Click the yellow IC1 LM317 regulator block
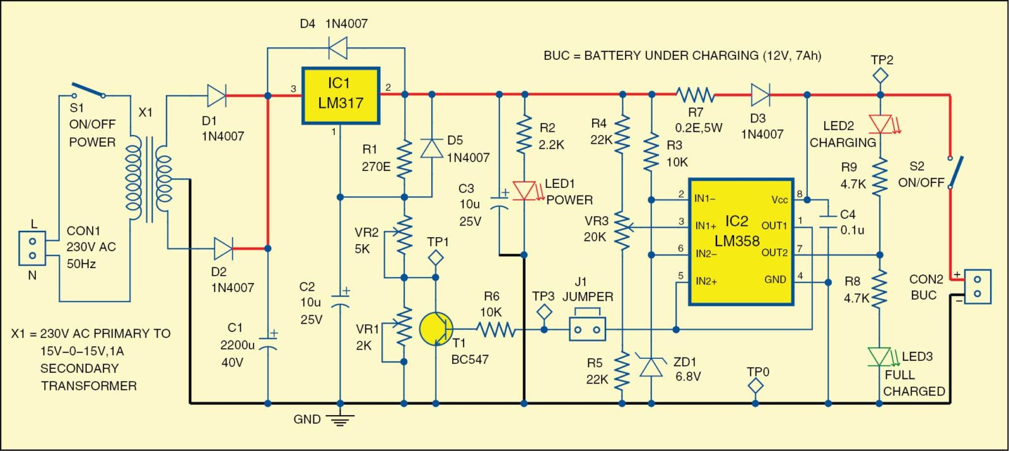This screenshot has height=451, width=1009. [341, 95]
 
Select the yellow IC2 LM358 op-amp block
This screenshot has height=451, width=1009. [740, 242]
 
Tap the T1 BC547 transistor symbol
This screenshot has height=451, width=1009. [436, 329]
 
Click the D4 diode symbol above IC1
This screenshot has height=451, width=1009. [339, 47]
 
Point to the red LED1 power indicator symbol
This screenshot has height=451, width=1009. [524, 190]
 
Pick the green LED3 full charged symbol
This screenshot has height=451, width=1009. [879, 356]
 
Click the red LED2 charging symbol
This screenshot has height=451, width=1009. [880, 124]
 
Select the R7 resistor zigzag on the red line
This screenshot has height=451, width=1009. [695, 95]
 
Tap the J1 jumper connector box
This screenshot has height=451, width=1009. [587, 329]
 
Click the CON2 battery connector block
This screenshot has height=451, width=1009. [977, 286]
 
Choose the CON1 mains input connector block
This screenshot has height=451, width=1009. [32, 248]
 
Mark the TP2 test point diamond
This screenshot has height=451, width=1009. [880, 76]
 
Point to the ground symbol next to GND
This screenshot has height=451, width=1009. [341, 419]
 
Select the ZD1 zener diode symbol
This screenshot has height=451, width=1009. [651, 366]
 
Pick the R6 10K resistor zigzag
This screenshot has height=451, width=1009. [496, 329]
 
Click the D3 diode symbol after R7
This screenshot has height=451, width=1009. [761, 95]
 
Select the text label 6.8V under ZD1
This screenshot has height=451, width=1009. [688, 377]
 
